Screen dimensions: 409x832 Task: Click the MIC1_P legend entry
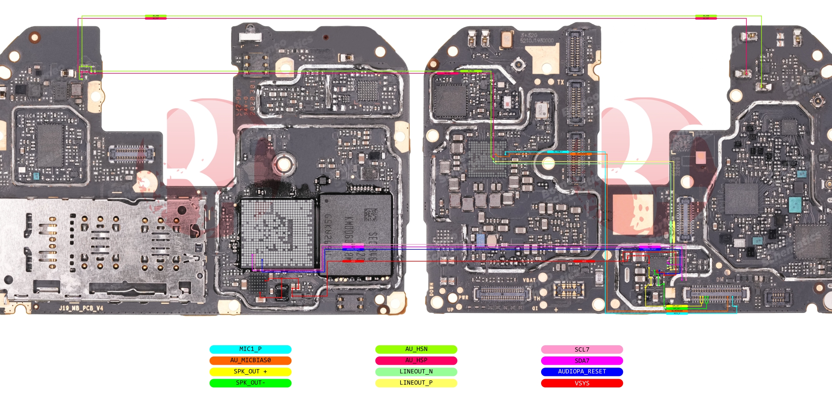click(250, 349)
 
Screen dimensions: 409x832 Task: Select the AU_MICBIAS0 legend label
click(250, 360)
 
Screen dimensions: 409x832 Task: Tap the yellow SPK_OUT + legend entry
click(250, 372)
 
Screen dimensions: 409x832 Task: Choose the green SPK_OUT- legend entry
click(250, 383)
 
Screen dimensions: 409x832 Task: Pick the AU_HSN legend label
click(416, 349)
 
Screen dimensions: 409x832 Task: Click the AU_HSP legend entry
click(416, 360)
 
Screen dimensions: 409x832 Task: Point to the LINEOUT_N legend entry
click(416, 372)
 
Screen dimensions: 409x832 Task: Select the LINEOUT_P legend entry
click(416, 383)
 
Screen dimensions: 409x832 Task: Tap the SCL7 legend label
click(582, 349)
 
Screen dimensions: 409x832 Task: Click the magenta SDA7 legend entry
click(582, 360)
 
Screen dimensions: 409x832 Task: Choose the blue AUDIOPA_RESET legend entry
click(582, 372)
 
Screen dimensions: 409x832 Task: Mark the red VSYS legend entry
click(582, 383)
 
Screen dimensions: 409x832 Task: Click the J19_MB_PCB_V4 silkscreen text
click(81, 308)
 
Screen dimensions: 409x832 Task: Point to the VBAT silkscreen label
click(529, 280)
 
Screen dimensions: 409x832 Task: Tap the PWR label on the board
click(463, 297)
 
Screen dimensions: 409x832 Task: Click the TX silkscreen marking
click(560, 82)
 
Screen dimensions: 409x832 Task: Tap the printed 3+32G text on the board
click(529, 35)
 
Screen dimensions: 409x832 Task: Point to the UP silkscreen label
click(450, 309)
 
